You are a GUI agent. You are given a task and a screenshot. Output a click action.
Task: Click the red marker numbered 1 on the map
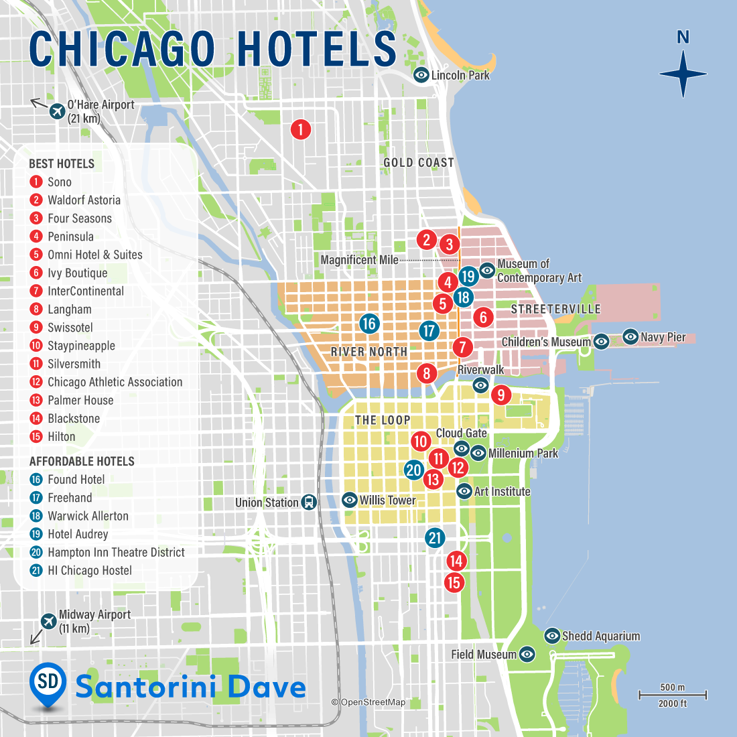coord(301,129)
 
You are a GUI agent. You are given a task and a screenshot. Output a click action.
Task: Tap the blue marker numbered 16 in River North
coord(368,324)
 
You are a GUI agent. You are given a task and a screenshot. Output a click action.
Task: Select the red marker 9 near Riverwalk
coord(500,395)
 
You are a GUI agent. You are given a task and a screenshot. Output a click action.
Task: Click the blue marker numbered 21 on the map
coord(435,537)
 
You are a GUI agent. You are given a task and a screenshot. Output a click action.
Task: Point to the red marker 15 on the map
coord(454,582)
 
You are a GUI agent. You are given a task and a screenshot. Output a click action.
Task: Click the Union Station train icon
coord(308,503)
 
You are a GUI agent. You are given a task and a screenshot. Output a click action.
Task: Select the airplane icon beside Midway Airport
coord(48,621)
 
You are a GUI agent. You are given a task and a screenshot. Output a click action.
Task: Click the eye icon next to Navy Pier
coord(630,337)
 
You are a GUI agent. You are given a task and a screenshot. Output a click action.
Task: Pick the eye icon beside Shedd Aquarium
coord(551,636)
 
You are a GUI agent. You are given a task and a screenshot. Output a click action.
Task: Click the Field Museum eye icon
coord(527,655)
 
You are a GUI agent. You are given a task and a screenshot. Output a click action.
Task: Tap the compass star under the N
coord(683,74)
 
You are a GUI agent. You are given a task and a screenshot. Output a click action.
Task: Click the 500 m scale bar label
coord(672,687)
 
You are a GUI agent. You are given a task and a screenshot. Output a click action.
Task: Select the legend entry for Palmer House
coord(80,401)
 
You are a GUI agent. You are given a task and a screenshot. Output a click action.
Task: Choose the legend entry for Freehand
coord(70,498)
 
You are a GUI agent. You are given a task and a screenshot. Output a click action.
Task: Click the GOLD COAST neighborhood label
coord(418,163)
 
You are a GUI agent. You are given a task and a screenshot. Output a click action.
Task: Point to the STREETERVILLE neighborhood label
coord(555,310)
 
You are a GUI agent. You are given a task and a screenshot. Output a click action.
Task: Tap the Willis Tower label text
coord(387,500)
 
